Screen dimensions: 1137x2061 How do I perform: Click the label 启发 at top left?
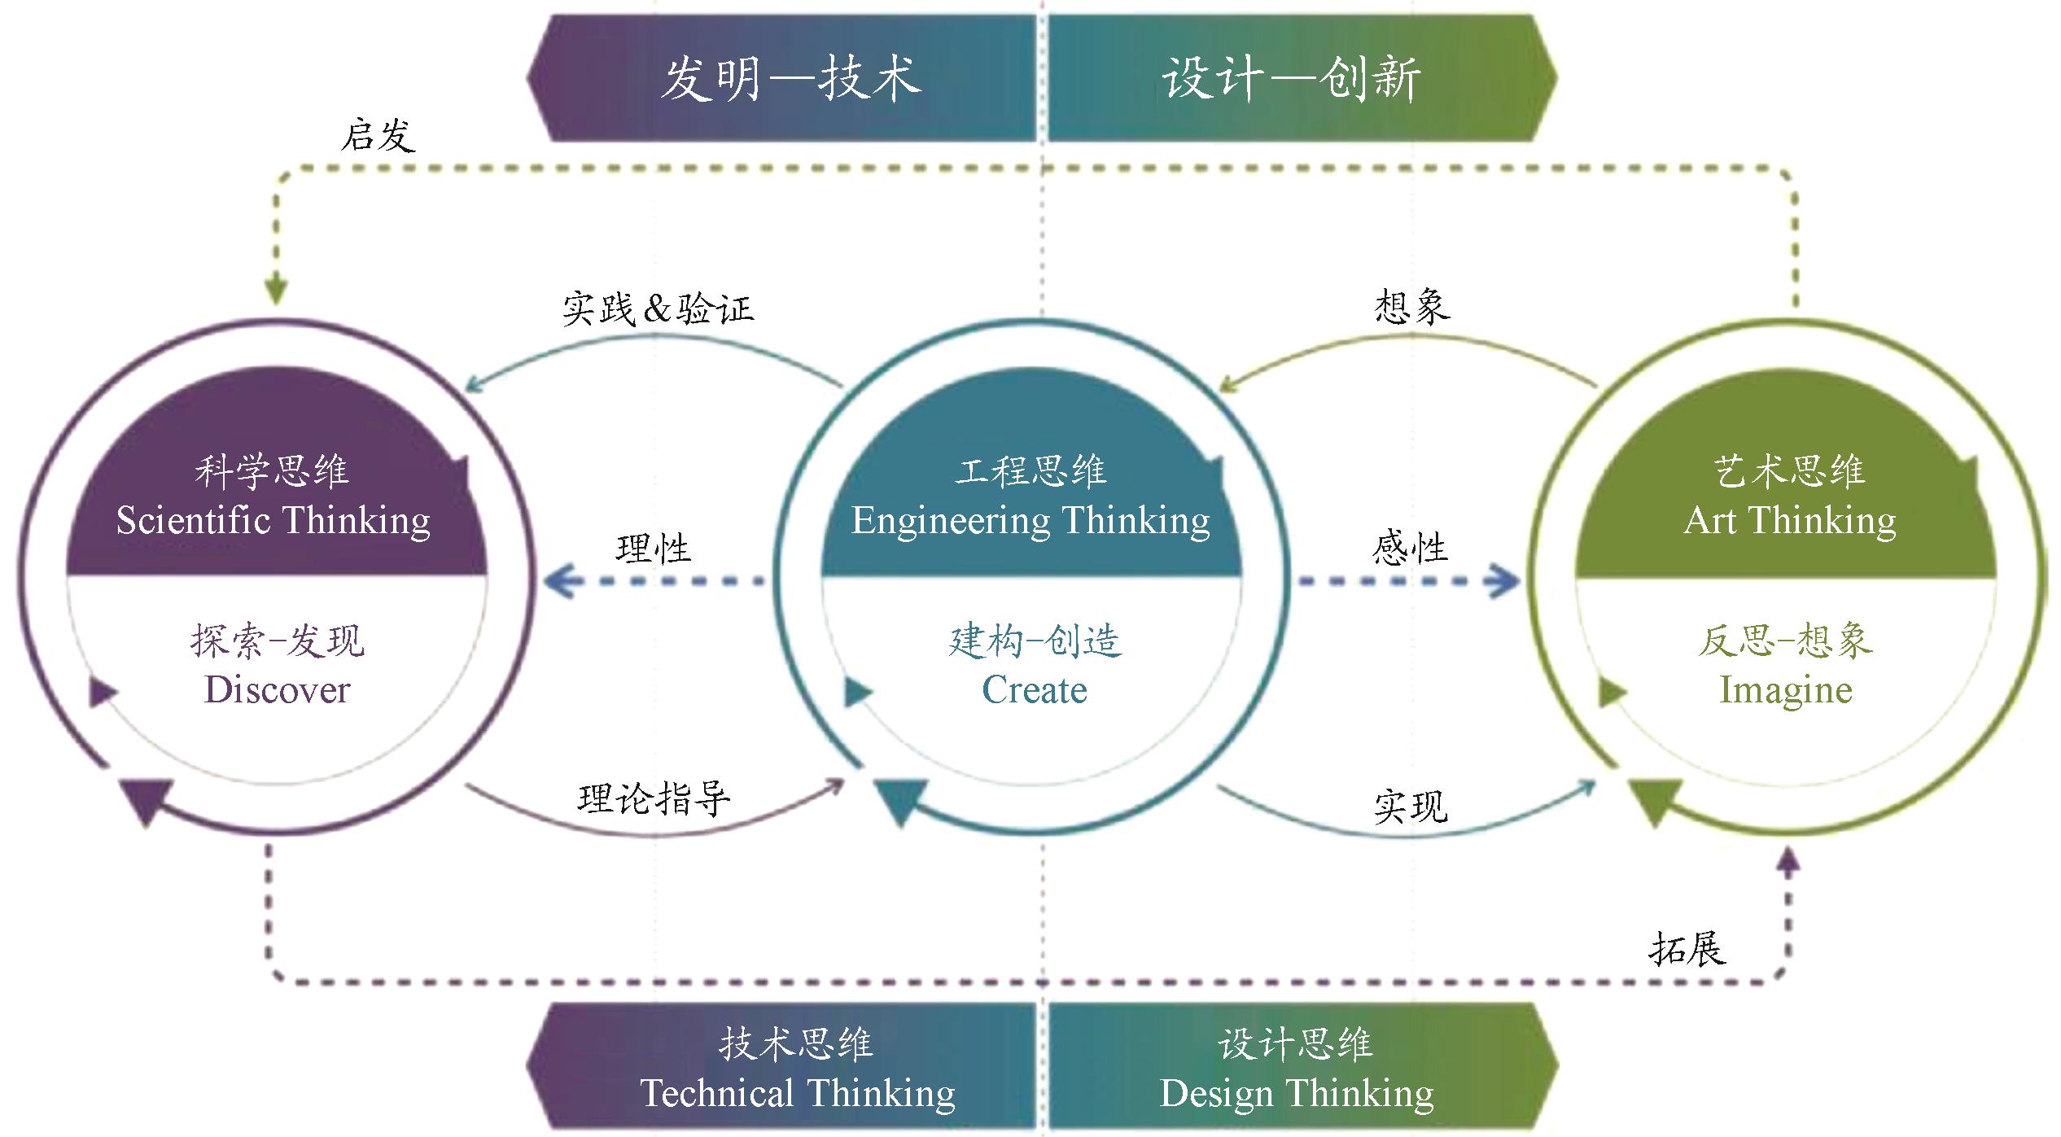coord(378,135)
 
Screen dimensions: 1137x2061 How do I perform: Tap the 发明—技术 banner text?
coord(790,79)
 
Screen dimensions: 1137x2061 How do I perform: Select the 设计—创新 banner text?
coord(1291,79)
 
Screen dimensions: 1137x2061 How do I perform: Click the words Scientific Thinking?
coord(273,521)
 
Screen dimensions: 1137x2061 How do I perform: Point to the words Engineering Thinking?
coord(1030,521)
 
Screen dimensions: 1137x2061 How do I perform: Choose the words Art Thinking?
coord(1790,521)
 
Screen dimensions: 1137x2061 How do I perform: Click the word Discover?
coord(277,690)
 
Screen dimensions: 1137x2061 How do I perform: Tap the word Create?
coord(1034,690)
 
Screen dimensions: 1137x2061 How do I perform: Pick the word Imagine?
coord(1786,690)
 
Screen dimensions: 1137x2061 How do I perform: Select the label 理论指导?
coord(654,798)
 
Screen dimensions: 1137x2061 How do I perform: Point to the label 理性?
coord(653,548)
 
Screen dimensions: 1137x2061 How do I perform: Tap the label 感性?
coord(1410,548)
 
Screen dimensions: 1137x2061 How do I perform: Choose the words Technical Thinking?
coord(798,1093)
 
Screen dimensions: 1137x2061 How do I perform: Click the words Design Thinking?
coord(1297,1093)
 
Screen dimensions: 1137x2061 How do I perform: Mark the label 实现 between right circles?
coord(1411,807)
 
